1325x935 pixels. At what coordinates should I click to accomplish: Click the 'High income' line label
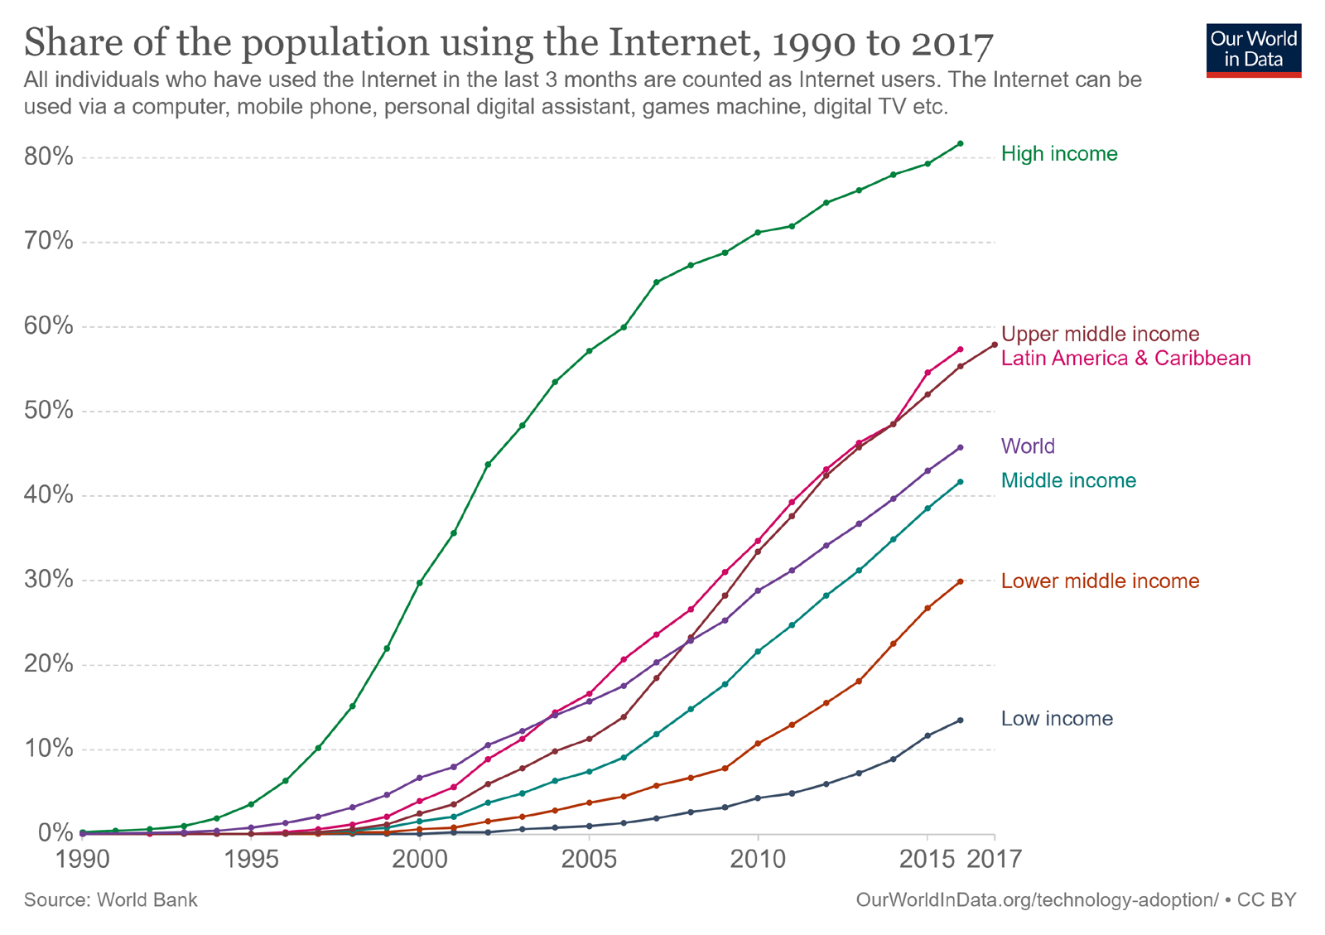coord(1058,154)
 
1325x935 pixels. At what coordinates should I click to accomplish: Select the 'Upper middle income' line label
coord(1100,335)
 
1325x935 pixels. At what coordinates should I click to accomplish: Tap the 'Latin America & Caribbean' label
coord(1125,359)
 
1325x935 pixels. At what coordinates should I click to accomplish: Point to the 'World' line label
coord(1028,447)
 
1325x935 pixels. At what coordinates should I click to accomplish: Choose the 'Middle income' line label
coord(1068,481)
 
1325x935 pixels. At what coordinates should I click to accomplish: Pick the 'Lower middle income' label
coord(1100,581)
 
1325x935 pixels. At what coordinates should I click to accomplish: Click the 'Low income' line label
coord(1057,719)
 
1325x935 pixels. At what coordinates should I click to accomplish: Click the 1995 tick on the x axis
coord(251,858)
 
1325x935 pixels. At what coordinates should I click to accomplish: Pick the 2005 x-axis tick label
coord(589,858)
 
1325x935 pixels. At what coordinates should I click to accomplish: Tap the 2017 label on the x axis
coord(995,858)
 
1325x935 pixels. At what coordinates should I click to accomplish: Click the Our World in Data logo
coord(1253,50)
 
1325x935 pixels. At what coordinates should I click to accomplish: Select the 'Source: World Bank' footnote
coord(110,900)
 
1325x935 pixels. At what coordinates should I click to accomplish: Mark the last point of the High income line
coord(960,143)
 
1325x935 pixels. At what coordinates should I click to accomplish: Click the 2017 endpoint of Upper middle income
coord(995,345)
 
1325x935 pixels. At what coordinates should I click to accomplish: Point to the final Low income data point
coord(960,721)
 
